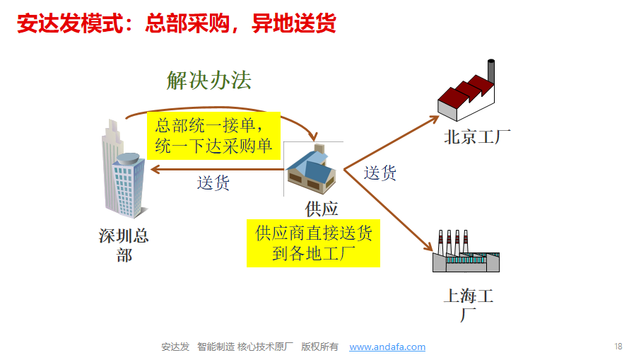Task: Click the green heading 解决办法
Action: pos(209,81)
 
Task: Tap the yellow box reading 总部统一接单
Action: pos(213,135)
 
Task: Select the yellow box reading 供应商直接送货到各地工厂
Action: pos(313,243)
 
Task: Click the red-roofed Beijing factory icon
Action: pos(466,95)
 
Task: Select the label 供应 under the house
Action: pos(322,209)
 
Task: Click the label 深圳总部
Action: pos(124,245)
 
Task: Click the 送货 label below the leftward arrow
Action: pos(213,183)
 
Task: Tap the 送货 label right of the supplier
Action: pos(380,173)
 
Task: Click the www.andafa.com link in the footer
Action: pos(387,347)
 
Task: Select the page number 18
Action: pos(618,346)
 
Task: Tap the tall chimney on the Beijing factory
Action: pos(490,71)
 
